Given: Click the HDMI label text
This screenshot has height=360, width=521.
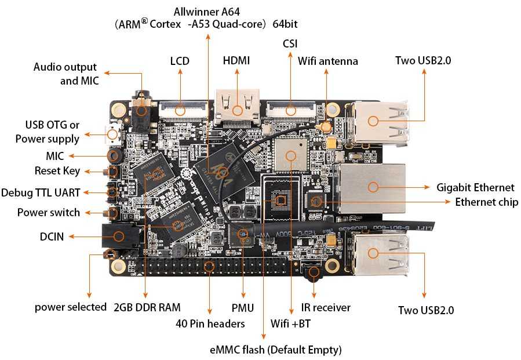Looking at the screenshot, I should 236,61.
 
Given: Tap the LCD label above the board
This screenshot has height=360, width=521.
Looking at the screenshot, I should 180,61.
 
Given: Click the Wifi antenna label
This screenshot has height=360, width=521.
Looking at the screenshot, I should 328,61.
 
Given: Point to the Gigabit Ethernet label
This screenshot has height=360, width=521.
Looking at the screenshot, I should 475,187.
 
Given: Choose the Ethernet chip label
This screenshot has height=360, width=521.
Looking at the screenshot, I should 486,202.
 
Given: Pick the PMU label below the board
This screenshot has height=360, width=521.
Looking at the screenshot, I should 243,307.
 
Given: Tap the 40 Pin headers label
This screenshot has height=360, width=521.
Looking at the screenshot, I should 210,323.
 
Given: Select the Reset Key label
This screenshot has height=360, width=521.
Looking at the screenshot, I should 57,171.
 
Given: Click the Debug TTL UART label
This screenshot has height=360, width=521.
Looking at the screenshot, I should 41,192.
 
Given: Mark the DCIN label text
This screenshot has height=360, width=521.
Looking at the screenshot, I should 53,236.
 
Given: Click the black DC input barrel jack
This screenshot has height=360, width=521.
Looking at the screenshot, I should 118,236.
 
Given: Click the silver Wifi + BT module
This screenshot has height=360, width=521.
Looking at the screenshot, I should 290,154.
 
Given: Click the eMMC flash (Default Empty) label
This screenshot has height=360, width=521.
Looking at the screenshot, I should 275,350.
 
